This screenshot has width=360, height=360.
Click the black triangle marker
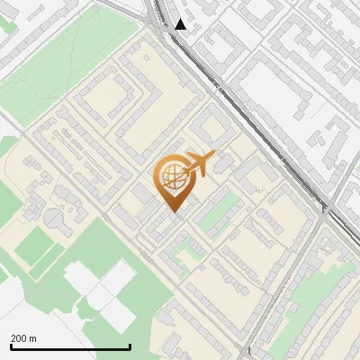pyautogui.click(x=181, y=24)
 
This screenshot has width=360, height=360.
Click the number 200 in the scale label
pyautogui.click(x=18, y=338)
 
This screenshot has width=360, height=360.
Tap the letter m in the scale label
pyautogui.click(x=33, y=338)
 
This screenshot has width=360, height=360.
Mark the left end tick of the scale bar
pyautogui.click(x=10, y=346)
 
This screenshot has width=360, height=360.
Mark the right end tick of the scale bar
pyautogui.click(x=130, y=346)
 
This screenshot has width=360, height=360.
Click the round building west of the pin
pyautogui.click(x=56, y=218)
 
